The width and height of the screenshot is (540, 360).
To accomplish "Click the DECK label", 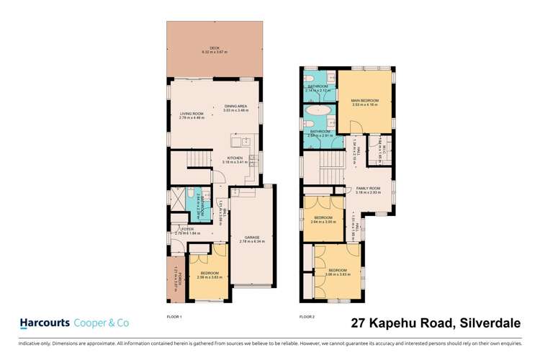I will tap(215, 48).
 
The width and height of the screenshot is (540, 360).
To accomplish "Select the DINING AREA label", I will tap(235, 107).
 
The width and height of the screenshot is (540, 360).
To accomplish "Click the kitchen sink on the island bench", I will tap(245, 141).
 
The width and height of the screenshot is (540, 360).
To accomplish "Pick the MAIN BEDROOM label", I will tap(365, 100).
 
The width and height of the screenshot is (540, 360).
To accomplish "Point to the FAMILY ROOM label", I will tap(368, 188).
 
